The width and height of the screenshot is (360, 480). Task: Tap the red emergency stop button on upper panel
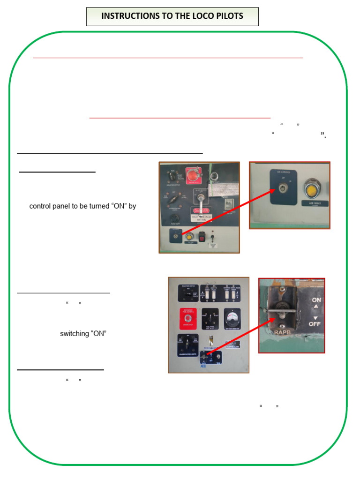193,175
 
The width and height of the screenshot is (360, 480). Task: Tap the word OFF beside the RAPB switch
316,323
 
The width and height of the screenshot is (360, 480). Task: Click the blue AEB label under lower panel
203,367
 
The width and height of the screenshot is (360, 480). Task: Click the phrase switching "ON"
87,334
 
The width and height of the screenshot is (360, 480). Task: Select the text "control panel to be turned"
69,206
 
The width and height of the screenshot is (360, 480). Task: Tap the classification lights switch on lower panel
187,345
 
